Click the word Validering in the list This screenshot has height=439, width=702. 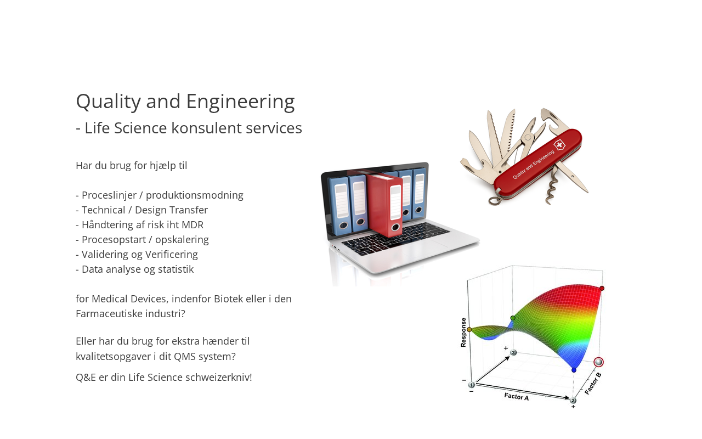pos(105,255)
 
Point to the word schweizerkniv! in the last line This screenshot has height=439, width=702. pos(219,377)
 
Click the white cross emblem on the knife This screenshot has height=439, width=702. pos(559,145)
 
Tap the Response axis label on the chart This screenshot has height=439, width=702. pos(463,333)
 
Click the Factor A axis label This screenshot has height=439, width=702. pos(517,397)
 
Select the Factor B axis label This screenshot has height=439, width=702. pos(593,383)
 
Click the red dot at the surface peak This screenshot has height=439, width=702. pos(602,288)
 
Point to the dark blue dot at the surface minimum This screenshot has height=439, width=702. pos(574,370)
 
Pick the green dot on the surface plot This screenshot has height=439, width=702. pos(513,318)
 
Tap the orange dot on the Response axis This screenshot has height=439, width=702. pos(469,330)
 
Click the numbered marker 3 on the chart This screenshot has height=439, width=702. pos(513,352)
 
